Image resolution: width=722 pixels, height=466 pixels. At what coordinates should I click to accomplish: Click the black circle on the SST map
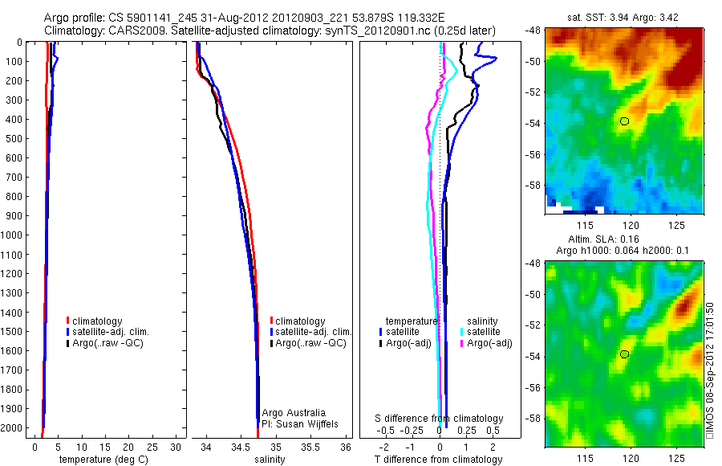point(625,121)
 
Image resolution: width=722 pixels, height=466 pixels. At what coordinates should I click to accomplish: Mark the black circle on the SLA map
point(625,354)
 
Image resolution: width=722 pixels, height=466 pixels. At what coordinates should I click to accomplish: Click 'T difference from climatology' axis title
point(440,460)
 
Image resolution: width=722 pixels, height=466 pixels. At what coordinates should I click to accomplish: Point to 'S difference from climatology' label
point(440,419)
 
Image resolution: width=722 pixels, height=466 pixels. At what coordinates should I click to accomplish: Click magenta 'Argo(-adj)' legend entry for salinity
point(489,343)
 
